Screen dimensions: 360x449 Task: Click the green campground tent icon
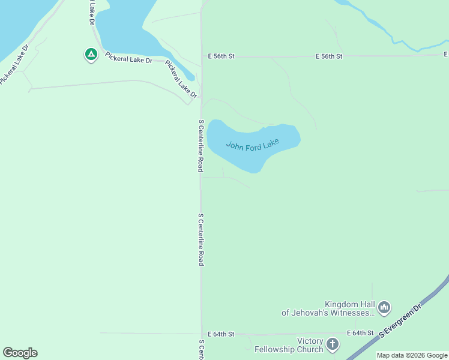click(x=91, y=55)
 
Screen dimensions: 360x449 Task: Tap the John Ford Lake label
click(x=253, y=145)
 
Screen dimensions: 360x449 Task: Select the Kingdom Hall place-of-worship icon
click(x=384, y=308)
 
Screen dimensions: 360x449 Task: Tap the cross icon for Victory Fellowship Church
click(x=333, y=344)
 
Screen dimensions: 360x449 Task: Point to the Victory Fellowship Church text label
click(x=289, y=345)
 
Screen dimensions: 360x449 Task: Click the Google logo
click(x=20, y=353)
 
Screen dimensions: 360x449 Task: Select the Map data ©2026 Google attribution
click(x=412, y=355)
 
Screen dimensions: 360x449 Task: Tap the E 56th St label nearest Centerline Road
click(x=221, y=56)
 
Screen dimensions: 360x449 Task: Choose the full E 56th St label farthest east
click(x=329, y=56)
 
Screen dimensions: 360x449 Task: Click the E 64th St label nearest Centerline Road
click(x=221, y=334)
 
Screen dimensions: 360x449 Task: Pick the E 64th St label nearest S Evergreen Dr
click(x=360, y=333)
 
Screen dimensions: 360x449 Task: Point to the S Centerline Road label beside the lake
click(x=201, y=146)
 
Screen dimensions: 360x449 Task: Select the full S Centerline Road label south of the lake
click(x=201, y=239)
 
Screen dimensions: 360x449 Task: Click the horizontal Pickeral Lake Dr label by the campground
click(x=129, y=58)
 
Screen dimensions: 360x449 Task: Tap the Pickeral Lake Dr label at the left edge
click(x=14, y=64)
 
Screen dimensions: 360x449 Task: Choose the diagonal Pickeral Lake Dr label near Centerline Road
click(x=181, y=79)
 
